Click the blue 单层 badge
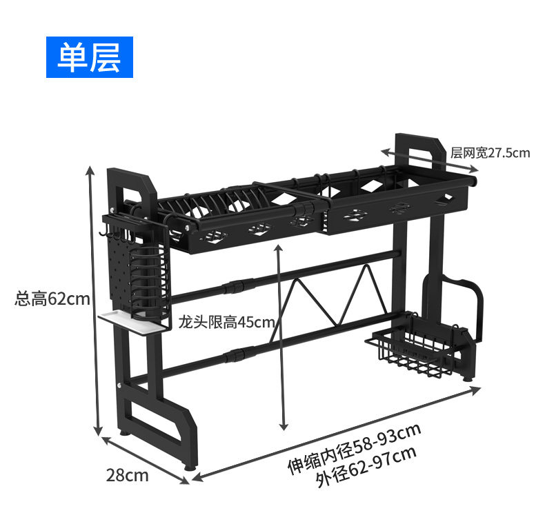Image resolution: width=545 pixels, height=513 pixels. coord(90,57)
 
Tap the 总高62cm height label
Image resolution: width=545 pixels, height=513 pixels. coord(52,299)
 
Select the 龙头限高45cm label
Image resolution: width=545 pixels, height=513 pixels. coord(226,322)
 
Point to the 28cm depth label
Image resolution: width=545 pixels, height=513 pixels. coord(127,475)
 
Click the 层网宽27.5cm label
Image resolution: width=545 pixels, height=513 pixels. coord(490,153)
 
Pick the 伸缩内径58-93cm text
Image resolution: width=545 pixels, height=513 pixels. coord(354,448)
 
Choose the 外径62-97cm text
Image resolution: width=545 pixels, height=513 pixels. coord(366,467)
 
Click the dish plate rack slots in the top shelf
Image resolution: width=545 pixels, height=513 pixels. coord(212,203)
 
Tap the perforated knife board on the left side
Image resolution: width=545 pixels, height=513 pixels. coord(121,271)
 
